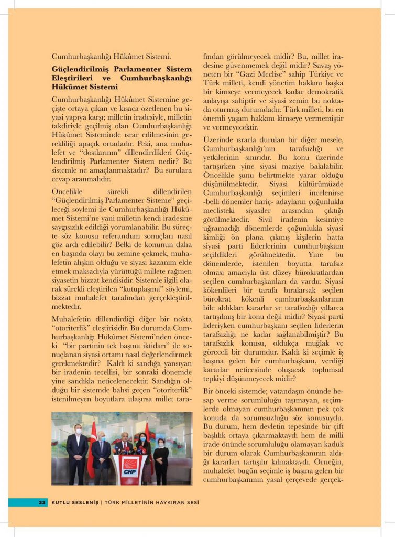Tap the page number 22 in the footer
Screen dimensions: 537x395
[42, 502]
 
